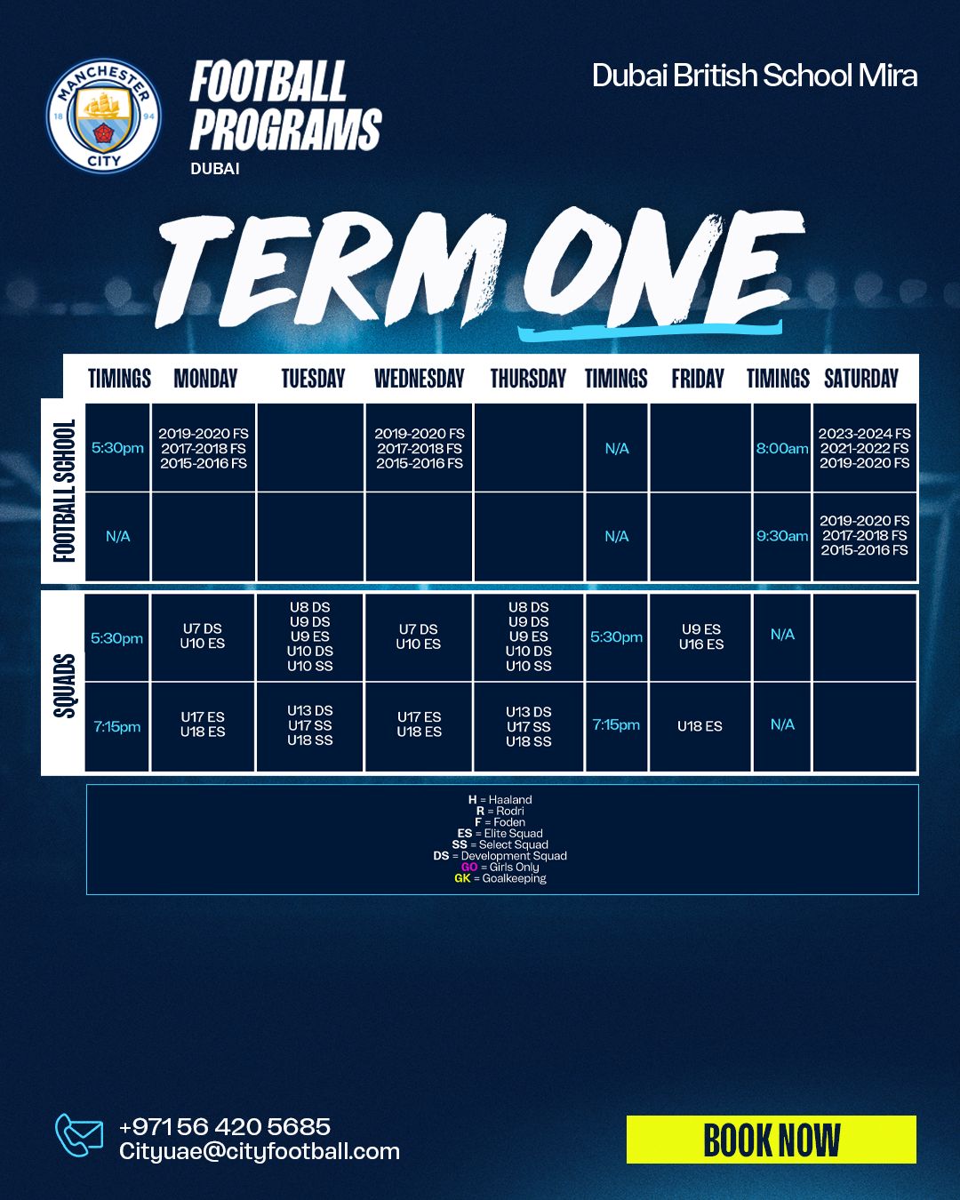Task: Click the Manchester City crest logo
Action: pyautogui.click(x=104, y=116)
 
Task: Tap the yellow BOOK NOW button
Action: pyautogui.click(x=771, y=1140)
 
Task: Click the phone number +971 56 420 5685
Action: pyautogui.click(x=225, y=1126)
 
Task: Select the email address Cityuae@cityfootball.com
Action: pyautogui.click(x=260, y=1152)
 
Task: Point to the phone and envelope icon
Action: pyautogui.click(x=79, y=1135)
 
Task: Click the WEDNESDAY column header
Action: pyautogui.click(x=419, y=379)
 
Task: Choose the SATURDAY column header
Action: pyautogui.click(x=861, y=379)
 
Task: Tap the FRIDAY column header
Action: pyautogui.click(x=697, y=379)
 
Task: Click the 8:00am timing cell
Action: pyautogui.click(x=782, y=448)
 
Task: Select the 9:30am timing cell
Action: pyautogui.click(x=782, y=536)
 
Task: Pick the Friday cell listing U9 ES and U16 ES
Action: pyautogui.click(x=700, y=636)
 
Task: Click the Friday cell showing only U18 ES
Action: pyautogui.click(x=700, y=726)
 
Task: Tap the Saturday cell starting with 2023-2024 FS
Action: pyautogui.click(x=865, y=448)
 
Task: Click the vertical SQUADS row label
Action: pyautogui.click(x=64, y=686)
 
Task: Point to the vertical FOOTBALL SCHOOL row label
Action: pyautogui.click(x=64, y=492)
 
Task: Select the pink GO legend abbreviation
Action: pyautogui.click(x=469, y=867)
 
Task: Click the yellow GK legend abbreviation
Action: pyautogui.click(x=462, y=878)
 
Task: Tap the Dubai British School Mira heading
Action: pyautogui.click(x=754, y=76)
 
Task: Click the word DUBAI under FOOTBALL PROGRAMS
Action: pyautogui.click(x=215, y=169)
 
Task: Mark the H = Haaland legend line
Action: pyautogui.click(x=500, y=800)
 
